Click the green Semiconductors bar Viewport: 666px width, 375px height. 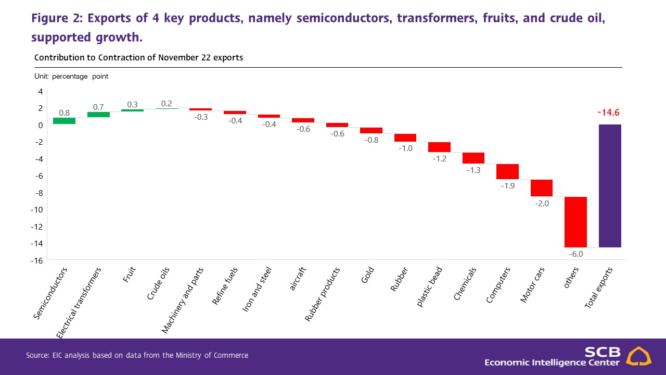coord(64,121)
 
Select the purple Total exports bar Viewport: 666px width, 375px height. coord(610,185)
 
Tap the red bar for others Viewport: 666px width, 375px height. coord(575,222)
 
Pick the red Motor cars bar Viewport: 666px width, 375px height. coord(541,188)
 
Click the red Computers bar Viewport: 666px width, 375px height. coord(507,171)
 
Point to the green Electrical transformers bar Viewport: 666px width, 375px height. coord(98,115)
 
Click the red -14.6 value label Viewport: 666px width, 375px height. coord(608,113)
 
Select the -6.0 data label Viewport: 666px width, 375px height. coord(575,254)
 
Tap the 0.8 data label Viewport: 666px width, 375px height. coord(64,113)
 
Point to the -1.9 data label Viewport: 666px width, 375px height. coord(507,186)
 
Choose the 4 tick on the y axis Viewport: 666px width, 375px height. coord(40,91)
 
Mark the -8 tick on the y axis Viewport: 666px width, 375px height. coord(37,193)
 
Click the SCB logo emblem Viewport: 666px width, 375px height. coord(637,356)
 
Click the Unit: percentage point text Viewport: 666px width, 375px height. coord(71,76)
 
